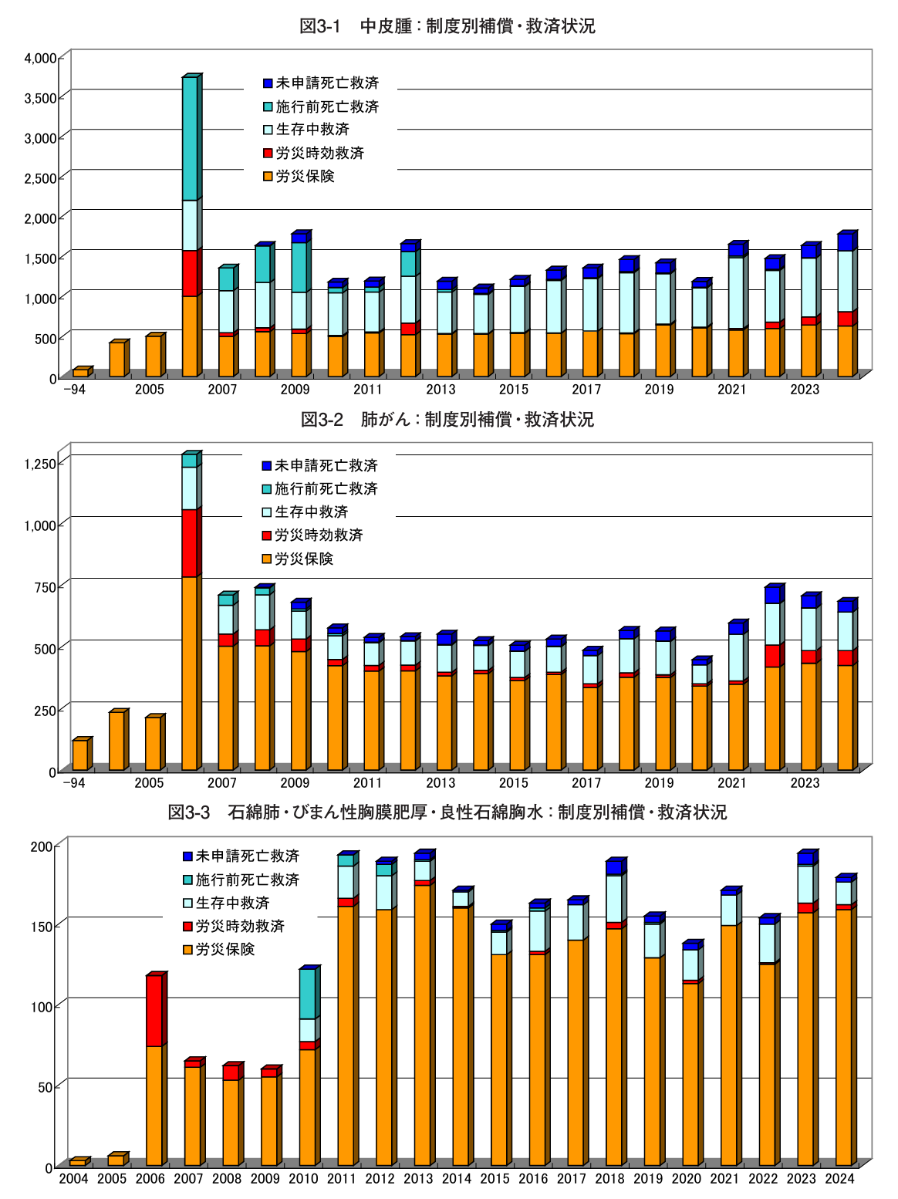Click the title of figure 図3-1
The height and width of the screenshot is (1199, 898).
point(447,26)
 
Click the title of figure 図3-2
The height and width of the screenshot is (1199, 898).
point(447,420)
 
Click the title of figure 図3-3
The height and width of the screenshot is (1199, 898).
point(447,812)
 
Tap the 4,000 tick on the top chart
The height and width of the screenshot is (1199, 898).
point(40,58)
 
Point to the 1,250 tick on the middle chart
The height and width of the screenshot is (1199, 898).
point(40,463)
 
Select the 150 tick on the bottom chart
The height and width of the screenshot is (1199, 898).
point(42,926)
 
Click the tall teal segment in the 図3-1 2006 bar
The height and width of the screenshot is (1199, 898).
point(190,139)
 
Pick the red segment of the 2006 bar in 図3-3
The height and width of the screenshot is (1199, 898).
point(154,1011)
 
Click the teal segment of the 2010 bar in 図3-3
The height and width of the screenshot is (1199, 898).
point(308,994)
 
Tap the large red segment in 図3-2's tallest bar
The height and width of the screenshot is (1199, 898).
point(190,543)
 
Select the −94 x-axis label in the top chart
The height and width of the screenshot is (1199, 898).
point(74,390)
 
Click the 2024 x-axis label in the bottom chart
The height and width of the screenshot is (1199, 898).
point(839,1178)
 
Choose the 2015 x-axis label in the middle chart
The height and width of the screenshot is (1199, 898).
point(513,783)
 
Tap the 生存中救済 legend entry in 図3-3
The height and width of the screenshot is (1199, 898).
point(232,903)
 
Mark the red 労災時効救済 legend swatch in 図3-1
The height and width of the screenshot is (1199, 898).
point(268,154)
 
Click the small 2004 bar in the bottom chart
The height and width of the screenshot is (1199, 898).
point(77,1162)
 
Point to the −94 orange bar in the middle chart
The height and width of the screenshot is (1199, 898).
point(79,755)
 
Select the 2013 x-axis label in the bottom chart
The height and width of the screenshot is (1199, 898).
point(418,1178)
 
